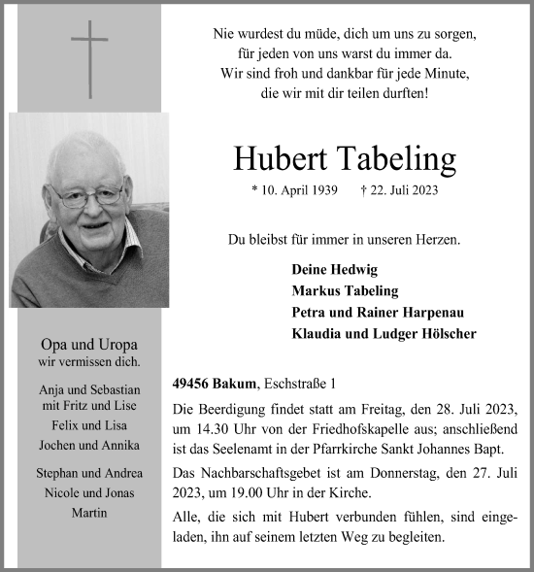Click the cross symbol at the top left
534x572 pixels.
coord(89,59)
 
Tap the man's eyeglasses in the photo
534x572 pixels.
coord(87,195)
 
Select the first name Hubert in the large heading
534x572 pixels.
coord(282,158)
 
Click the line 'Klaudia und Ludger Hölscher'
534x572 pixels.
coord(384,333)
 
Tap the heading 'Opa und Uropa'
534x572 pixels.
coord(89,345)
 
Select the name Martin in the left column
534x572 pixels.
coord(89,512)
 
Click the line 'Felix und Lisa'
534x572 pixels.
coord(89,425)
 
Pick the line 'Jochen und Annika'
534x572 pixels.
coord(89,445)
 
